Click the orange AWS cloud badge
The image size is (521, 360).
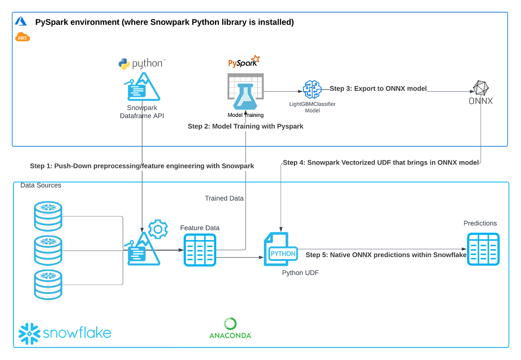pos(23,38)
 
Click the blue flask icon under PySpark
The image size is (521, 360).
pos(245,98)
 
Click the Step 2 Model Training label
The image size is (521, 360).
pos(245,127)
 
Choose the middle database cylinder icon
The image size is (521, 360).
pos(48,251)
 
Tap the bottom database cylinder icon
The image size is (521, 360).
pos(48,285)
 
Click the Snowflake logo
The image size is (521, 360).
pos(65,333)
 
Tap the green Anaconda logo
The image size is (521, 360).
pos(230,328)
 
